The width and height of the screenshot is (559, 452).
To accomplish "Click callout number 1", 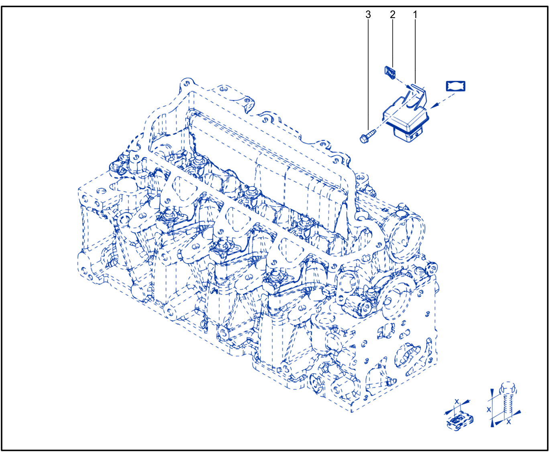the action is [x=415, y=14].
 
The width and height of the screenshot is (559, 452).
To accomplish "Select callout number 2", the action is [x=393, y=14].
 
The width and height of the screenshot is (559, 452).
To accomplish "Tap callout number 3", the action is [x=368, y=14].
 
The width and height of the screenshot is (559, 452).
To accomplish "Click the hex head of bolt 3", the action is [x=364, y=139].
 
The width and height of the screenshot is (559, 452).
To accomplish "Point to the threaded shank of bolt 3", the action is [x=371, y=133].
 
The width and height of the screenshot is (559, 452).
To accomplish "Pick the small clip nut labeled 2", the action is [x=390, y=72].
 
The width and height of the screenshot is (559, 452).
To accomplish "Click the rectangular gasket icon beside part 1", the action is [x=456, y=86].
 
